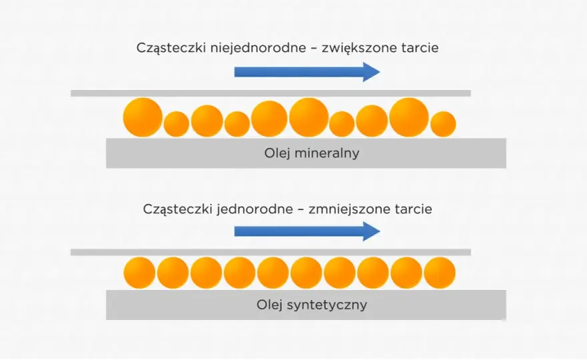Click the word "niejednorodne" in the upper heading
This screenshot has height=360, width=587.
(258, 48)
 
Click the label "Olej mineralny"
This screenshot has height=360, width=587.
(312, 153)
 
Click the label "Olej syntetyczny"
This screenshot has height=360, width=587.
(312, 305)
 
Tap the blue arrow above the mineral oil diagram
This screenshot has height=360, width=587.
(308, 72)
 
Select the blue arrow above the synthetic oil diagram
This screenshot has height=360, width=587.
(308, 231)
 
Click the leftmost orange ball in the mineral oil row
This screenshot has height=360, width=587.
(143, 117)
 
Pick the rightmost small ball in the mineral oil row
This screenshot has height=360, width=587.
(443, 124)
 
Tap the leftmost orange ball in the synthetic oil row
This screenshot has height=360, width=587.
(139, 273)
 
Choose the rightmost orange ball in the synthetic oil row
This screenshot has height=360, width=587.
(440, 273)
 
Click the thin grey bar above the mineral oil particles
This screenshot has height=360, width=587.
(271, 93)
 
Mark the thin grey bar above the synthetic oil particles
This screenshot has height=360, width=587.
(271, 252)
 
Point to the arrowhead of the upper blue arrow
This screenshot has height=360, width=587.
(380, 72)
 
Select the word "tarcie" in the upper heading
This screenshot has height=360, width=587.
(420, 48)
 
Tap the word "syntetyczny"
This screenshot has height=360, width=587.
(327, 305)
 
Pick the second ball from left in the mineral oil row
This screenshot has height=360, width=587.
(176, 124)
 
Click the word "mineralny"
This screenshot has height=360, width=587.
(327, 153)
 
